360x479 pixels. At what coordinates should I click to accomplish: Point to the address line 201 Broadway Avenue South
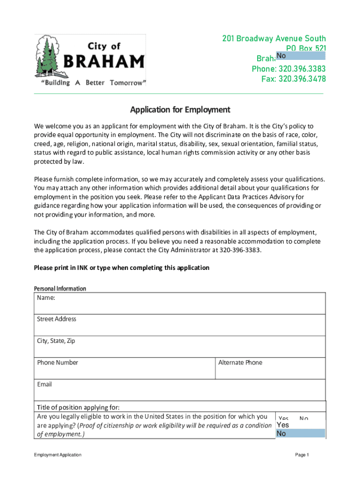coord(274,39)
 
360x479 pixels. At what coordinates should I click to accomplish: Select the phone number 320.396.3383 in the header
coord(288,69)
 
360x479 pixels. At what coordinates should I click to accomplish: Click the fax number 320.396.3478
coord(293,79)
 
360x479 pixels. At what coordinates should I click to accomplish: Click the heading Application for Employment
coord(180,110)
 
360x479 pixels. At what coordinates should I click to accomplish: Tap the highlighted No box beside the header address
coord(300,56)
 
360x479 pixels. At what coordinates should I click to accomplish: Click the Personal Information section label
coord(60,289)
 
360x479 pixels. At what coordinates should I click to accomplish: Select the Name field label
coord(46,298)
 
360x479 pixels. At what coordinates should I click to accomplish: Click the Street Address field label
coord(57,319)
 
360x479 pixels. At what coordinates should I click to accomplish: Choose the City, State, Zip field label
coord(56,341)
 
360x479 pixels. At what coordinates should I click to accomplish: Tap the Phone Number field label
coord(58,363)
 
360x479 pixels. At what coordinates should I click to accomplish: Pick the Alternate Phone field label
coord(240,363)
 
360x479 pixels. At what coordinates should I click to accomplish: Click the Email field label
coord(44,385)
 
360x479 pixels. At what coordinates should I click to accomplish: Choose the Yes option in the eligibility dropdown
coord(283,425)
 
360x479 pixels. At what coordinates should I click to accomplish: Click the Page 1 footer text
coord(302,455)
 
